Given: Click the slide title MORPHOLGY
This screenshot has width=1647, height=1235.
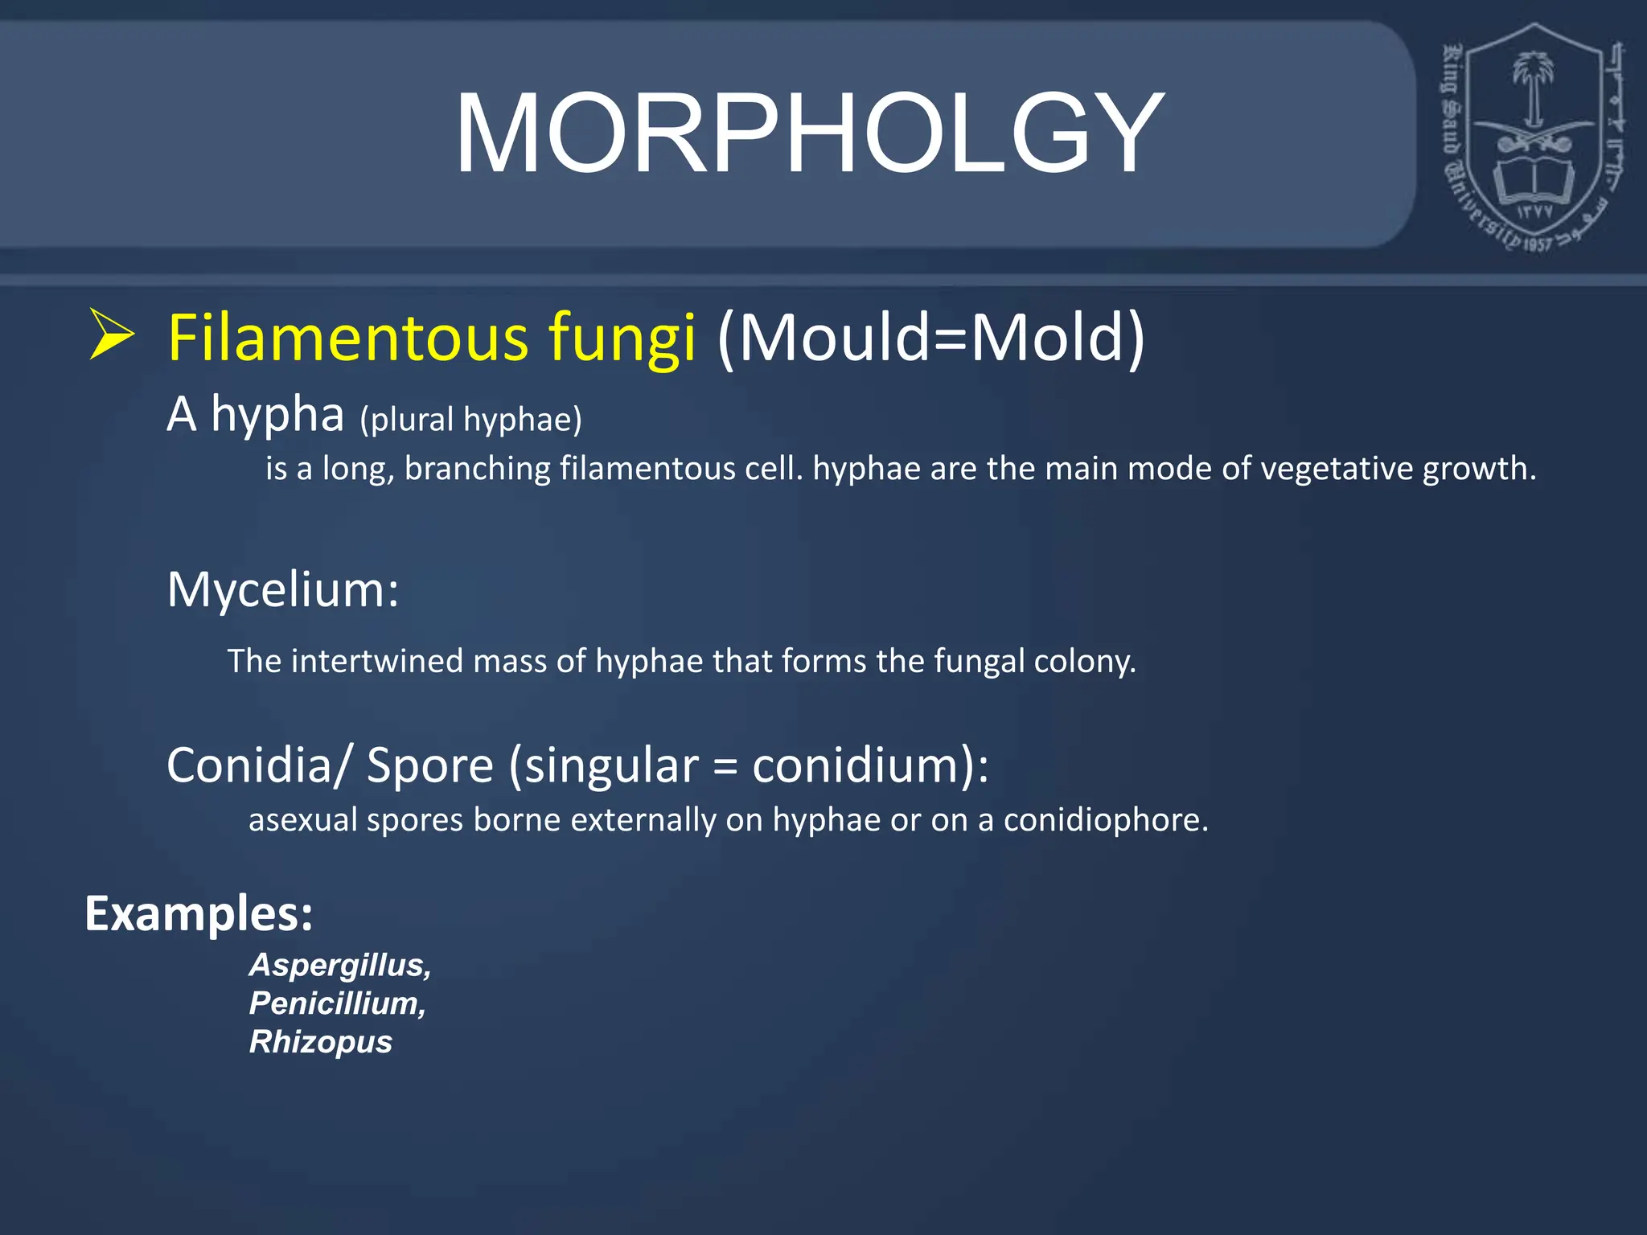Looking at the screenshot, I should [x=809, y=133].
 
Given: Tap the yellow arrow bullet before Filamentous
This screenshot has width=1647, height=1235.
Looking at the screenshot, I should [x=111, y=334].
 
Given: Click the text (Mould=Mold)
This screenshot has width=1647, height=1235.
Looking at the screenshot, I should [x=930, y=338].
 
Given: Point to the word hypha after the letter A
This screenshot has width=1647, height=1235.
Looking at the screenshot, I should [x=277, y=416].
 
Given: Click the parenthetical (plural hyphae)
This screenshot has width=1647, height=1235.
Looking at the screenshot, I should [x=470, y=420].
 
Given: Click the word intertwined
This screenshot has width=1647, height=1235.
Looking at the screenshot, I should [x=378, y=661].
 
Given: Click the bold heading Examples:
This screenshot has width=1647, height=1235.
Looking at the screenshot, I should [x=199, y=914].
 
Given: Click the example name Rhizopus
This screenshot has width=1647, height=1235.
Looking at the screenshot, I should [x=320, y=1042].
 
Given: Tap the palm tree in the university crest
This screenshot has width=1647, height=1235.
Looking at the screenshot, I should [x=1534, y=84].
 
